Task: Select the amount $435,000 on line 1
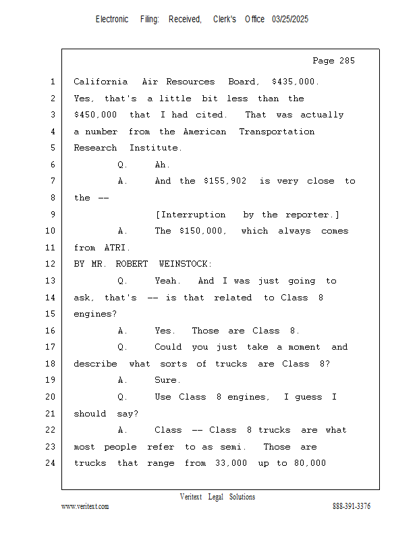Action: (295, 82)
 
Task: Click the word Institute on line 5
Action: (156, 148)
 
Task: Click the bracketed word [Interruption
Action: (190, 215)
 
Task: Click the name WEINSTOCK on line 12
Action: (185, 264)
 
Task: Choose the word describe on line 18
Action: (95, 364)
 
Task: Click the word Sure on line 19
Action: (167, 380)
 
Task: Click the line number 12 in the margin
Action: (51, 264)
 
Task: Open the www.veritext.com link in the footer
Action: (85, 506)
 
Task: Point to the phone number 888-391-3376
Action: (352, 506)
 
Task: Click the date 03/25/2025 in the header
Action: (290, 20)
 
